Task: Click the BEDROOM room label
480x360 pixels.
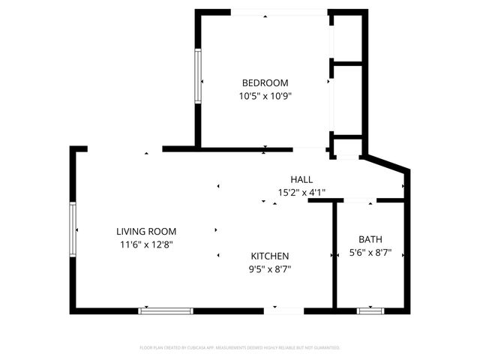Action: tap(264, 82)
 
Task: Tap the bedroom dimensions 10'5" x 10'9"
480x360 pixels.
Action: tap(264, 96)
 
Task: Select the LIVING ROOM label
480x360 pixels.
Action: tap(145, 231)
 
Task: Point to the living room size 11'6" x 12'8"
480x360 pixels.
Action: tap(145, 244)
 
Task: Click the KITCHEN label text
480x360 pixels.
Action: tap(269, 256)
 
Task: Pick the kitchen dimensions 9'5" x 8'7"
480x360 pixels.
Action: tap(269, 269)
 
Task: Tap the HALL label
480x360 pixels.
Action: tap(301, 179)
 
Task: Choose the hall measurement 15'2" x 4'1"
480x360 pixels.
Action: tap(301, 193)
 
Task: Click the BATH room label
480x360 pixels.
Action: tap(370, 239)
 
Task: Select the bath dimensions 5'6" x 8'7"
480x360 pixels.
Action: tap(370, 253)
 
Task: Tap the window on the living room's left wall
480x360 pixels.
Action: tap(73, 230)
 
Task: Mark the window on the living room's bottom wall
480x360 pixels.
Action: tap(166, 310)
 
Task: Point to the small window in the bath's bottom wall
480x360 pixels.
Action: tap(369, 310)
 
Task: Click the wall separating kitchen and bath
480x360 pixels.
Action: tap(334, 255)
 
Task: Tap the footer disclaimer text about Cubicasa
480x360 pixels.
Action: tap(240, 348)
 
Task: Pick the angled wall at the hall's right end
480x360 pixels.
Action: tap(386, 162)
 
